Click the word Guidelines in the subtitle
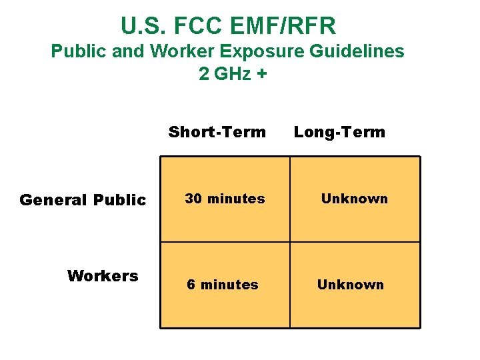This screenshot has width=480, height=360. (359, 51)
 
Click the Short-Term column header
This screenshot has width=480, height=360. (217, 132)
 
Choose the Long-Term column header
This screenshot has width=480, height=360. (339, 132)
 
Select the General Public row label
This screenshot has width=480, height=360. (83, 200)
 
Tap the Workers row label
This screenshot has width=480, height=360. (103, 276)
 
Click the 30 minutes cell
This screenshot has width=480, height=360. (225, 199)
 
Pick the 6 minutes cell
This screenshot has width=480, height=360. (222, 285)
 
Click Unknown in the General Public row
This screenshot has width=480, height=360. (354, 199)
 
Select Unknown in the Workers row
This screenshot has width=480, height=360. (350, 285)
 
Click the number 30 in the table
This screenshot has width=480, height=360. (193, 199)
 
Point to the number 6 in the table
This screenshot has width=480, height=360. (191, 285)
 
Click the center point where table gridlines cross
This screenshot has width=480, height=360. (290, 242)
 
